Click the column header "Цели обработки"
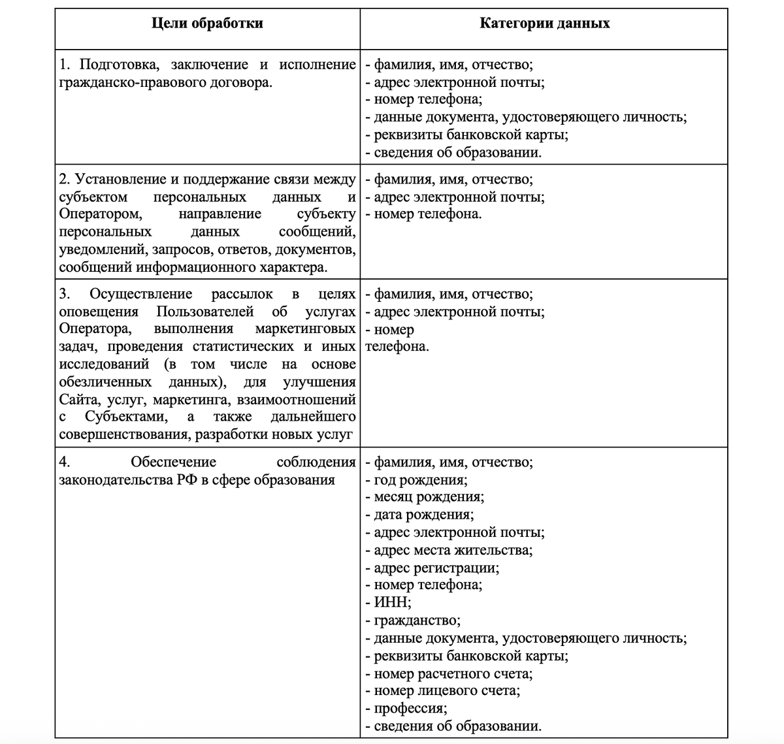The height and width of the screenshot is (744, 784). coord(207,24)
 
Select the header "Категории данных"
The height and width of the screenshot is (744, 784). coord(544,24)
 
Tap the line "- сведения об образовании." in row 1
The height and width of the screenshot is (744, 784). coord(453,153)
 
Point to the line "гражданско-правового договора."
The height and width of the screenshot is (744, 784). coord(165,83)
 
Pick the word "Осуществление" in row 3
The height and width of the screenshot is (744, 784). coord(140,295)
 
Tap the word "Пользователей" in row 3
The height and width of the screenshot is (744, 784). coord(204,312)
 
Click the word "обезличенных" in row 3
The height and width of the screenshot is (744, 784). coord(105,382)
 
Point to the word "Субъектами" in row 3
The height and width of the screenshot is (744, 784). coord(125,417)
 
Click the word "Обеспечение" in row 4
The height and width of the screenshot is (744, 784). coord(173,462)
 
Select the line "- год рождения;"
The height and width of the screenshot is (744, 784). coord(416,480)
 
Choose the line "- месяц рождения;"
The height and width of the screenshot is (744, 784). coord(425,497)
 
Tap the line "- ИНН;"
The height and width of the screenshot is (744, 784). coord(388,603)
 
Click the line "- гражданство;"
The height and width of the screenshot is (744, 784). coord(413,621)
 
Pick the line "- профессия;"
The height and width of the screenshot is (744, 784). coord(406,709)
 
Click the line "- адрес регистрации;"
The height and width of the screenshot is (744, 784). coord(432,568)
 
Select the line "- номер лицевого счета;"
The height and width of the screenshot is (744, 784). coord(443,691)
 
